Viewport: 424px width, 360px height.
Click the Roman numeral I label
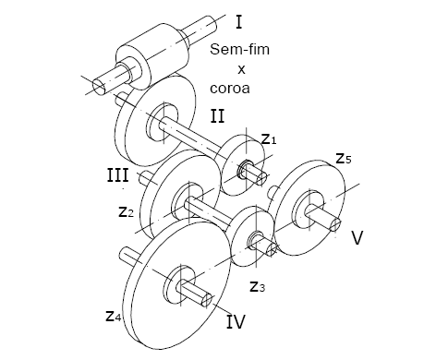coord(238,22)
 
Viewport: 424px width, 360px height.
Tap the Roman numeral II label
coord(217,116)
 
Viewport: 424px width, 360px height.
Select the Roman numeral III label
coord(117,175)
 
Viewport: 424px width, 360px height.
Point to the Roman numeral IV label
coord(236,321)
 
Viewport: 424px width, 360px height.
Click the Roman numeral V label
coord(357,238)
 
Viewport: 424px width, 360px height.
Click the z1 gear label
coord(269,139)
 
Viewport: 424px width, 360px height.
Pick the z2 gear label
coord(127,211)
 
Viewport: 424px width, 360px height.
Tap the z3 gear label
coord(257,286)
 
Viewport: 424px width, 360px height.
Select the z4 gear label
coord(114,316)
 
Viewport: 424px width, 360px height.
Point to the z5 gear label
coord(344,158)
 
